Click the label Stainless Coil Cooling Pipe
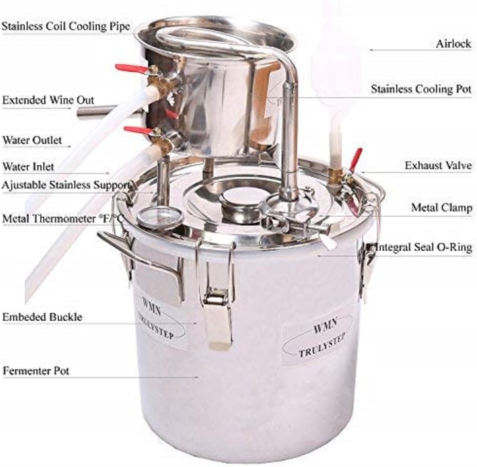tap(66, 26)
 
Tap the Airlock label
tap(453, 44)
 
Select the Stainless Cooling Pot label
tap(421, 89)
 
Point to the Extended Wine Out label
tap(48, 100)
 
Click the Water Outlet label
tap(32, 140)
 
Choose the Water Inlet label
tap(28, 167)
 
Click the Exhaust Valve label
tap(438, 165)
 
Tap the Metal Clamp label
tap(442, 208)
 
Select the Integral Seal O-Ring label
tap(424, 247)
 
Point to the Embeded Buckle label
tap(42, 317)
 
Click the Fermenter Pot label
tap(36, 371)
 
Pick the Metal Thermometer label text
tap(63, 219)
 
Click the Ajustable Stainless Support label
tap(66, 185)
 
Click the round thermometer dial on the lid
tap(160, 218)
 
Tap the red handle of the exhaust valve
tap(355, 159)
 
